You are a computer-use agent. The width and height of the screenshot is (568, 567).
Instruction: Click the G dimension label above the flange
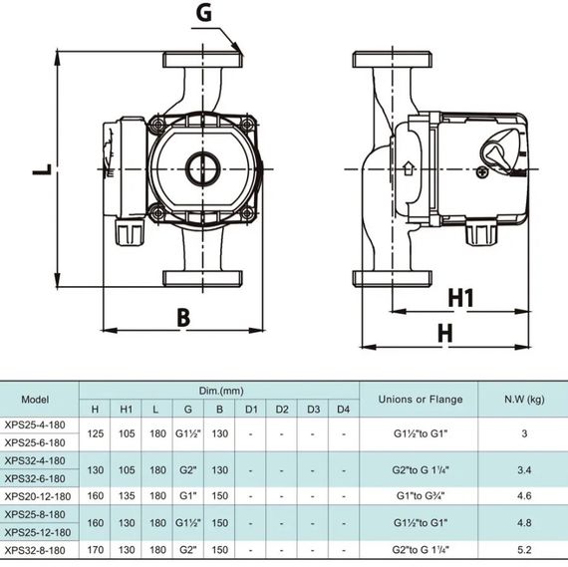pyautogui.click(x=203, y=13)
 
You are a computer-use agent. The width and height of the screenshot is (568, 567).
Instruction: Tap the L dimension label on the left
pyautogui.click(x=43, y=169)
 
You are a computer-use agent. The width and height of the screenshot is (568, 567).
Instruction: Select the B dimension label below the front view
pyautogui.click(x=183, y=318)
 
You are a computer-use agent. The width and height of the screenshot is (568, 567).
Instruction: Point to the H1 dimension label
pyautogui.click(x=460, y=298)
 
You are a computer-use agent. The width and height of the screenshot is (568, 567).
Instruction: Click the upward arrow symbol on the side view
pyautogui.click(x=409, y=168)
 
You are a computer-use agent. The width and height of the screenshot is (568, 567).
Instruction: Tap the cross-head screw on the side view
pyautogui.click(x=482, y=172)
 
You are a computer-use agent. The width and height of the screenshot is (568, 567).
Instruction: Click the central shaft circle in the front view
pyautogui.click(x=203, y=168)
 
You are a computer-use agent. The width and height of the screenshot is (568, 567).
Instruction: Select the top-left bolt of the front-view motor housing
pyautogui.click(x=157, y=126)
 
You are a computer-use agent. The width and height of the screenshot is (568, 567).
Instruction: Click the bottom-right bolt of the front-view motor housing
pyautogui.click(x=248, y=213)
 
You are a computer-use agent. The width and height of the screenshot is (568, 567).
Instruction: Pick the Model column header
pyautogui.click(x=35, y=400)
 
